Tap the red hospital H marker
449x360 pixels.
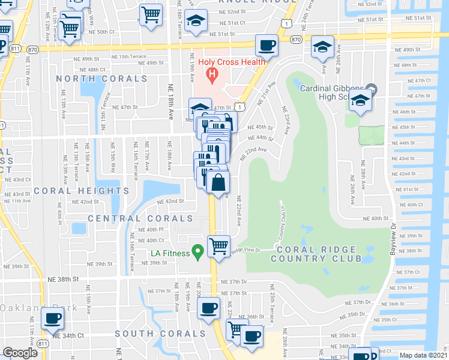[211, 75]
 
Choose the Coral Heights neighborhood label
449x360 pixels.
[81, 191]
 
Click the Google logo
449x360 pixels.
[20, 353]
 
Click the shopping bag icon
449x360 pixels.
[218, 182]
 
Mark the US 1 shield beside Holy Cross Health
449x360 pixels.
[240, 106]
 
